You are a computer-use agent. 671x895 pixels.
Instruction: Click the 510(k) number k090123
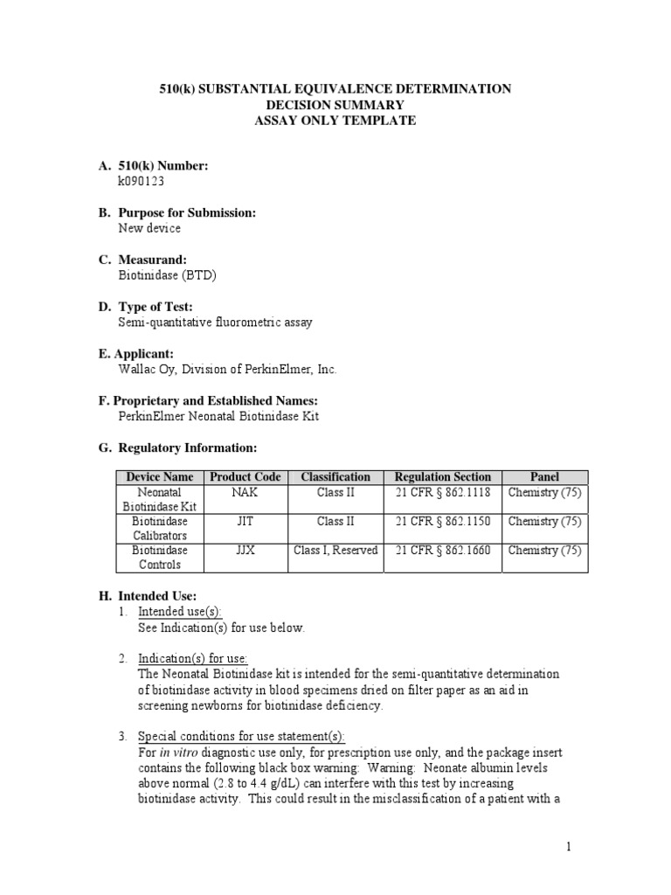[x=142, y=181]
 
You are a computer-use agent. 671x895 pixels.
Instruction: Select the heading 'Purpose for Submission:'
[x=187, y=213]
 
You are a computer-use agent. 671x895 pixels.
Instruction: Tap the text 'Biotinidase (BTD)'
[x=167, y=275]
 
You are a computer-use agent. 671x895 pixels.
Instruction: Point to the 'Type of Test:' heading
[x=156, y=307]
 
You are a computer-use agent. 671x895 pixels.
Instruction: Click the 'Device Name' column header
[x=159, y=477]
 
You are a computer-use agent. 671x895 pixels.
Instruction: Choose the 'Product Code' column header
[x=245, y=477]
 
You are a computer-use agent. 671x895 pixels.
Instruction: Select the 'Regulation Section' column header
[x=443, y=477]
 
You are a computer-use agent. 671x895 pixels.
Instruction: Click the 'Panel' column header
[x=544, y=477]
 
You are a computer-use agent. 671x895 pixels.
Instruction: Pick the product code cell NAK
[x=245, y=492]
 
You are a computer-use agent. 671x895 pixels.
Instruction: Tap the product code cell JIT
[x=245, y=522]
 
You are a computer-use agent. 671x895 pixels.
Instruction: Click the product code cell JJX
[x=245, y=551]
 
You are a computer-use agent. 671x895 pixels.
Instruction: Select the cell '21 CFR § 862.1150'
[x=443, y=522]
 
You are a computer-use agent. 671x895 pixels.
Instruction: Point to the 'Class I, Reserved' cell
[x=335, y=551]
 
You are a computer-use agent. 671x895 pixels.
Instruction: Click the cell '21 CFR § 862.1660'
[x=443, y=551]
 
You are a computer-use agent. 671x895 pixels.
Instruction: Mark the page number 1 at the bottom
[x=567, y=846]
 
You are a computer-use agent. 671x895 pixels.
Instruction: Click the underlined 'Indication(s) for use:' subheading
[x=192, y=658]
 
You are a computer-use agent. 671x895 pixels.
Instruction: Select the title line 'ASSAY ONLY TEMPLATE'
[x=335, y=121]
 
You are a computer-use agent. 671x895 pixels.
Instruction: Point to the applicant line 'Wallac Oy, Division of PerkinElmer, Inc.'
[x=227, y=370]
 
